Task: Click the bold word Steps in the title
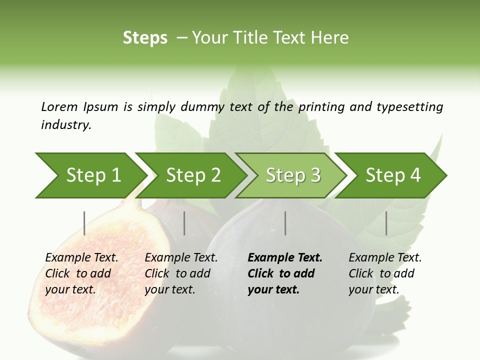145,38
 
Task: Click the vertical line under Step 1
84,223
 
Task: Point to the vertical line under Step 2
184,223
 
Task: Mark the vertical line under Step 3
285,223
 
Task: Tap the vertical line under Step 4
386,223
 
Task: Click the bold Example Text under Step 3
285,258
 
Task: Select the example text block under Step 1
81,273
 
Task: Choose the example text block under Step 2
181,273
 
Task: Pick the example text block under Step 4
385,273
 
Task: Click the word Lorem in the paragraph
59,106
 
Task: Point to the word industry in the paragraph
65,124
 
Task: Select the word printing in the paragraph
322,106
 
